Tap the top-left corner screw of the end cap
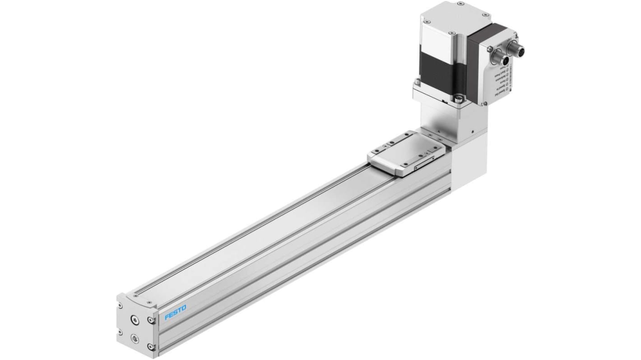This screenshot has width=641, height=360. tap(121, 305)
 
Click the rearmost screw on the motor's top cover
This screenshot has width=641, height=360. tap(460, 4)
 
